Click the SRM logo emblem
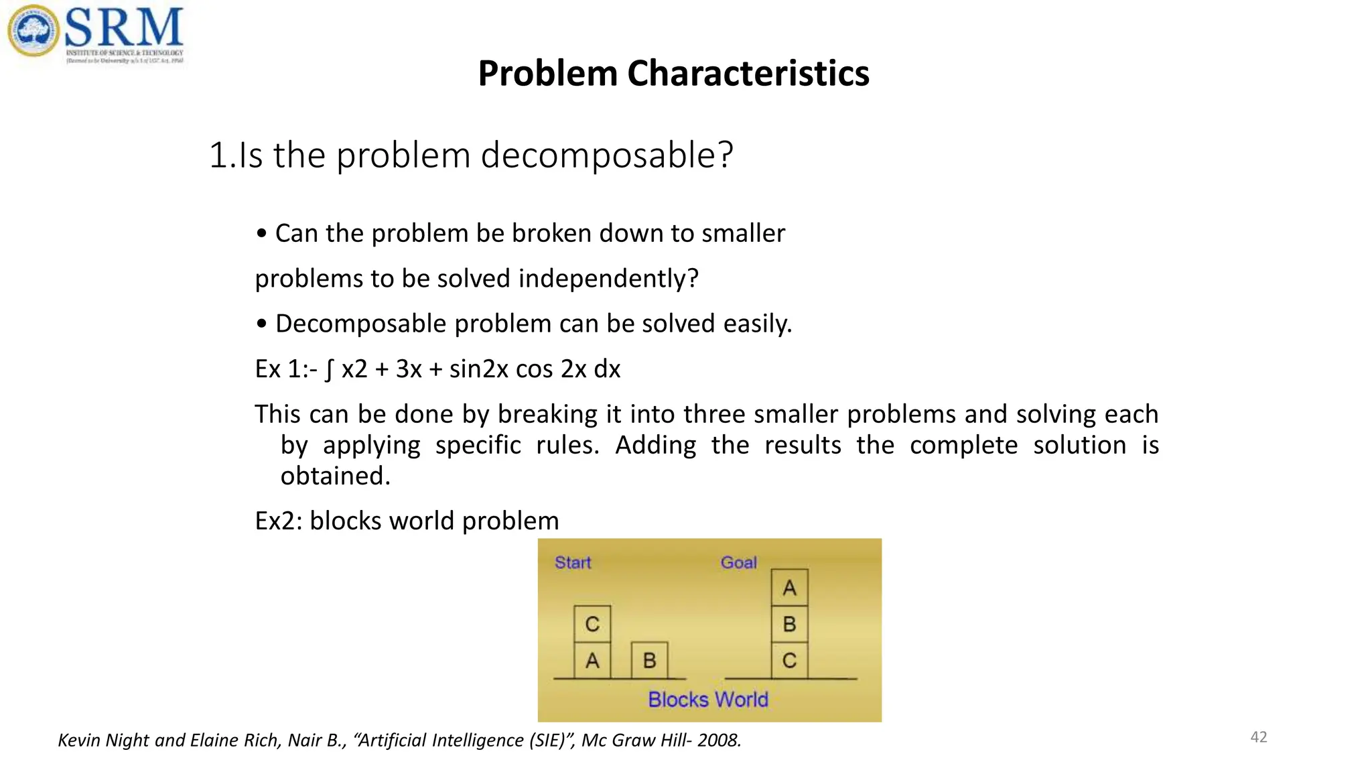point(33,31)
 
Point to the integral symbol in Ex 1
point(329,369)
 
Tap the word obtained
point(335,476)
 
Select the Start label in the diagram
point(573,562)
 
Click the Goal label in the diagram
point(738,562)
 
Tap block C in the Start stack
point(592,624)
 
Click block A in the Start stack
point(592,661)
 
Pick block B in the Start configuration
point(649,661)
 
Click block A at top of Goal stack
point(789,588)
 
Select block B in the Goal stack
point(789,624)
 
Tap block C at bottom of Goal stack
point(789,661)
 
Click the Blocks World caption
point(708,700)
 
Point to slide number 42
point(1259,737)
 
